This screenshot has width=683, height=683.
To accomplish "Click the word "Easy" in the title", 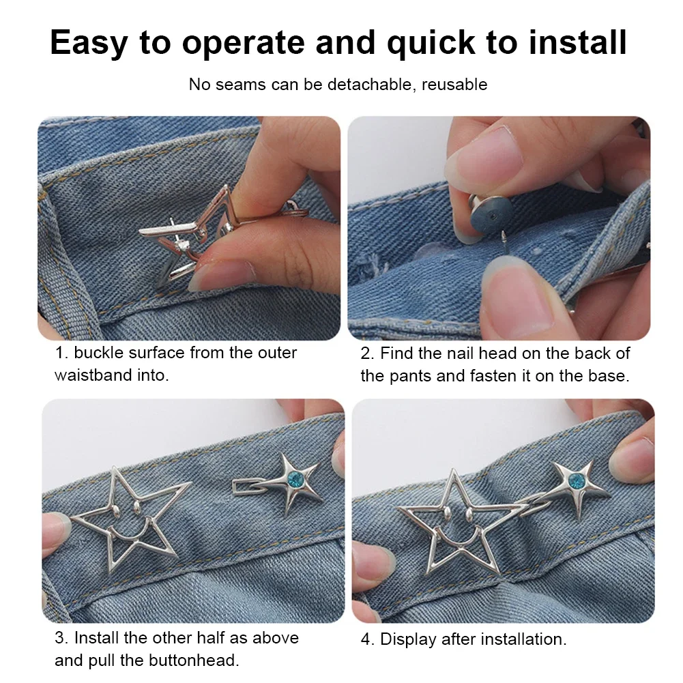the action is point(89,43).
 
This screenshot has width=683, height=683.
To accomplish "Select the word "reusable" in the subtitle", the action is point(454,84).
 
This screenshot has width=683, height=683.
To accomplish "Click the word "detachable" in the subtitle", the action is point(369,84).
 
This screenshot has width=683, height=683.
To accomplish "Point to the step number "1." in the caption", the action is point(62,352).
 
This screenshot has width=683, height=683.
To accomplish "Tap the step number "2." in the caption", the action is point(368,353).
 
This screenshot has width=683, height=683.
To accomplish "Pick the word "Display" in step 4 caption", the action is point(408,639).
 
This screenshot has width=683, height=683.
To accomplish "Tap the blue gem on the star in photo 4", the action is point(577,481).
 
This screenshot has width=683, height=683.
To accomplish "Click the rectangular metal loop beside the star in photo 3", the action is point(250,486).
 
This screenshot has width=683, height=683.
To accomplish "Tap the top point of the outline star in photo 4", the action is point(454,471).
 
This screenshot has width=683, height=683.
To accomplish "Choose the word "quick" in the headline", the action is point(431,43).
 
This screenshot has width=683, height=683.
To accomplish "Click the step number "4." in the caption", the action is point(368,639).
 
